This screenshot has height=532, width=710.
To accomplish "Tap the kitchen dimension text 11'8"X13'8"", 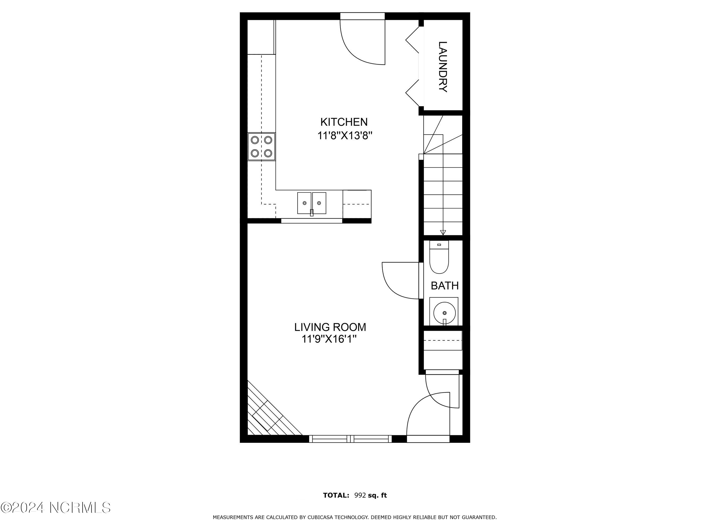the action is [x=345, y=136].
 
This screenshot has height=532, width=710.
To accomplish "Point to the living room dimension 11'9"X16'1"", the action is [x=329, y=339].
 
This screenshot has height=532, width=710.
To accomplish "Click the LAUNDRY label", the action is [x=443, y=67].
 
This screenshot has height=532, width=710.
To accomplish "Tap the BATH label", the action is [x=445, y=286].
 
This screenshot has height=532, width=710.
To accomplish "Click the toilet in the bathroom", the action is [x=439, y=257].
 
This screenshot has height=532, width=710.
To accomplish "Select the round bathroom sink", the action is [x=444, y=312].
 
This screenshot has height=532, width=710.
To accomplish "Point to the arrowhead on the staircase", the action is [x=443, y=232].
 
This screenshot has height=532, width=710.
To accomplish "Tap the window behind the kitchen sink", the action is [x=312, y=221].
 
